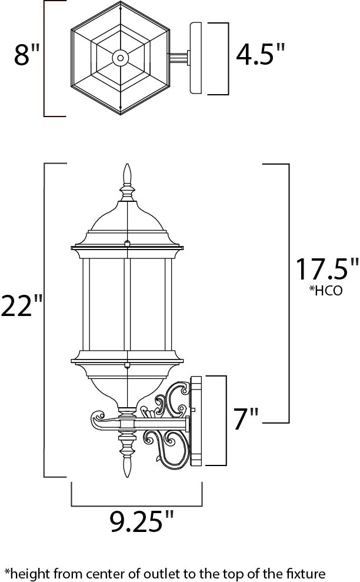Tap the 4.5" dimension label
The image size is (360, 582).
click(x=260, y=56)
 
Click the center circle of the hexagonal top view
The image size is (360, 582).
click(x=121, y=57)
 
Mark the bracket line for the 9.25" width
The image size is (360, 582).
click(x=136, y=504)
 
